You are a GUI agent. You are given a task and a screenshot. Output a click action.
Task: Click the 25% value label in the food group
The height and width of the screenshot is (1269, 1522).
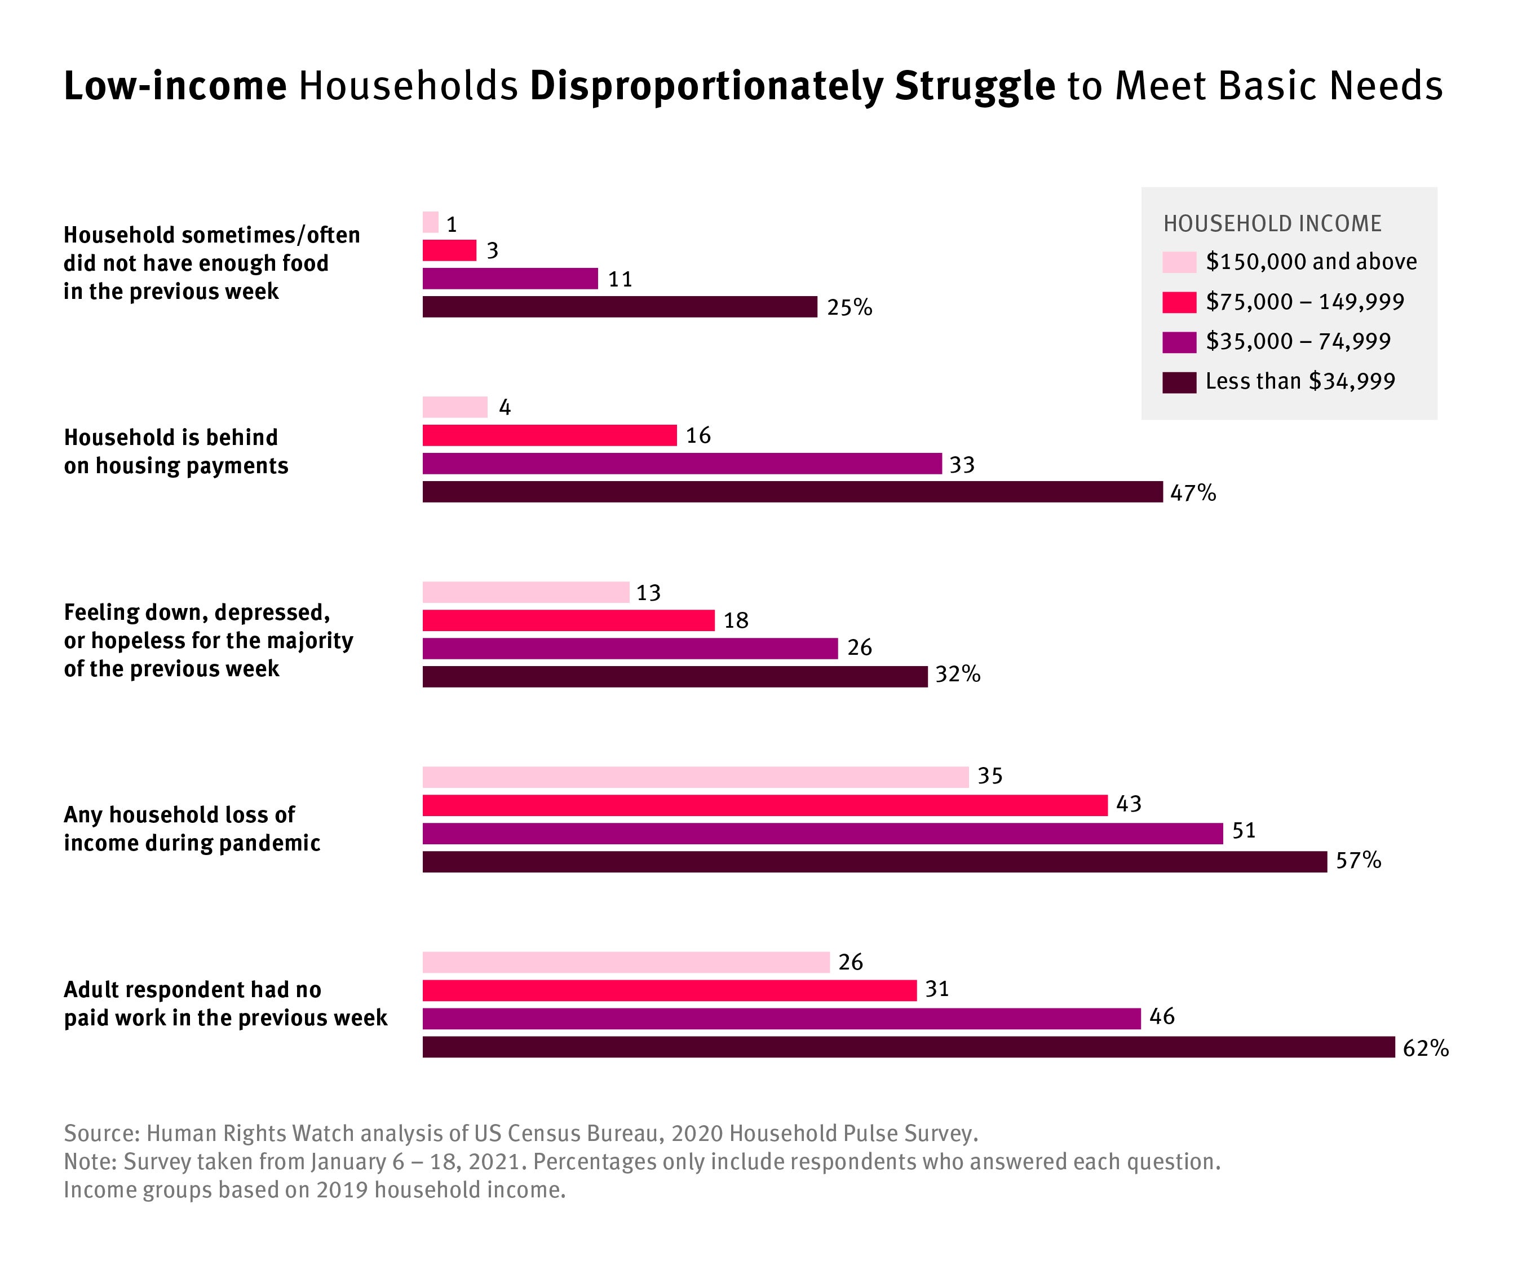coord(849,307)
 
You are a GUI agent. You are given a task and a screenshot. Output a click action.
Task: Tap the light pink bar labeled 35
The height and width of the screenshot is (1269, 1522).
coord(695,777)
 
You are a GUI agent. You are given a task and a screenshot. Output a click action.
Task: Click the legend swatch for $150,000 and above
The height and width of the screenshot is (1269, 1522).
coord(1179,262)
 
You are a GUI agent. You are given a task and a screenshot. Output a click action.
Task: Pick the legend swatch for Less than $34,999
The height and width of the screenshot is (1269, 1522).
coord(1179,382)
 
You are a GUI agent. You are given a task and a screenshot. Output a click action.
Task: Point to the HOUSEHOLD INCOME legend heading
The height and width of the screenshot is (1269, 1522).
coord(1272,223)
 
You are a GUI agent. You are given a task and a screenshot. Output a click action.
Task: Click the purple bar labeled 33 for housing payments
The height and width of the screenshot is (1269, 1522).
coord(682,464)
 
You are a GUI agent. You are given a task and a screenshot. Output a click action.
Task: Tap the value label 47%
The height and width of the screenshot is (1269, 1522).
coord(1193,493)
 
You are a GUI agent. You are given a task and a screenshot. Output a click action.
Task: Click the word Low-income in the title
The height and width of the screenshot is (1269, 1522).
coord(175,86)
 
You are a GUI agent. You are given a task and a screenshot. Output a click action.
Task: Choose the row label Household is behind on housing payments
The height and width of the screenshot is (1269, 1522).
coord(175,451)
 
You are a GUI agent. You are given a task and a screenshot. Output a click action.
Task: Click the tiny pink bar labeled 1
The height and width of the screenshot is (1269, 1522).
coord(431,222)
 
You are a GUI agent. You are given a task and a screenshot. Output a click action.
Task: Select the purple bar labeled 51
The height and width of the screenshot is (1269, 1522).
coord(822,833)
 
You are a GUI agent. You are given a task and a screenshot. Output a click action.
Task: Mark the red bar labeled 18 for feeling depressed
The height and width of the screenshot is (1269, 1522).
coord(568,620)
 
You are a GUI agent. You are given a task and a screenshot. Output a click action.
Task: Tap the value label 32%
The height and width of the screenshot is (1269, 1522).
coord(957,675)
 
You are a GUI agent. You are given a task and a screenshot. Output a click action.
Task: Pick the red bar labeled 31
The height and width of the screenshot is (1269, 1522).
coord(669,990)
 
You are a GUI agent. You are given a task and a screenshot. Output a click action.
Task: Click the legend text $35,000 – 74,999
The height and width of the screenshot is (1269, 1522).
coord(1297,342)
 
